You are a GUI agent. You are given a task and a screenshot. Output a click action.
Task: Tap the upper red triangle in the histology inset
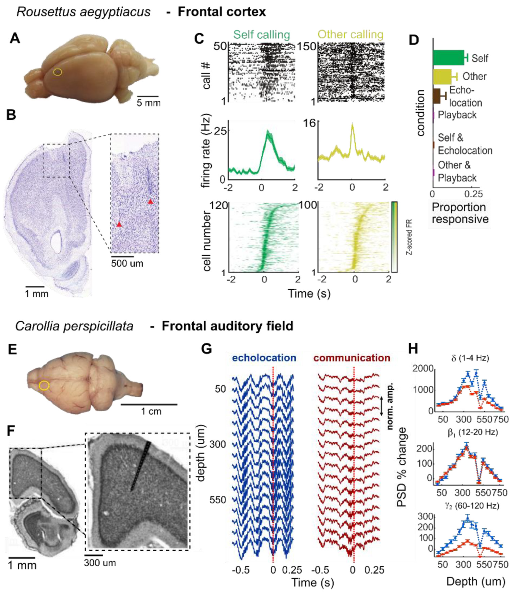[x=150, y=202]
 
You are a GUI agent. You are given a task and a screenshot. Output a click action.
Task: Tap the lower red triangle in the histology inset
[x=119, y=224]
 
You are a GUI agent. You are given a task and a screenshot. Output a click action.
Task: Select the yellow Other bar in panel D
[x=442, y=76]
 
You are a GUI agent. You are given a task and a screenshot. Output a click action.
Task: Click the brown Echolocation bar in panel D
[x=436, y=96]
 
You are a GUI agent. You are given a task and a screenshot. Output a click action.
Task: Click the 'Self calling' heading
[x=261, y=35]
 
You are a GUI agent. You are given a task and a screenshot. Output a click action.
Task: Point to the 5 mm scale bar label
[x=148, y=103]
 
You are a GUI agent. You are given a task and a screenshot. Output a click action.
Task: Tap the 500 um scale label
[x=127, y=263]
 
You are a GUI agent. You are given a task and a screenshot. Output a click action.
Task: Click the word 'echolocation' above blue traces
[x=264, y=358]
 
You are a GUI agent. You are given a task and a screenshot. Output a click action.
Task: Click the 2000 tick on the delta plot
[x=423, y=369]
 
